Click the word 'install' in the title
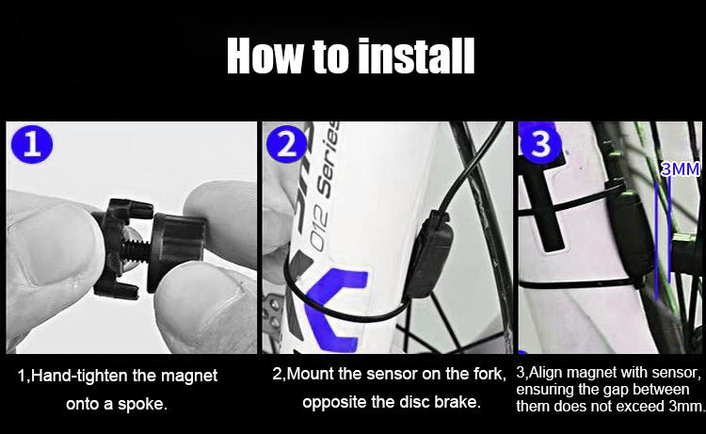click(415, 56)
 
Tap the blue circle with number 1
click(31, 146)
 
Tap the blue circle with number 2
click(285, 146)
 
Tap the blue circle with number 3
click(539, 145)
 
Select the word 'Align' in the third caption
click(554, 372)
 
